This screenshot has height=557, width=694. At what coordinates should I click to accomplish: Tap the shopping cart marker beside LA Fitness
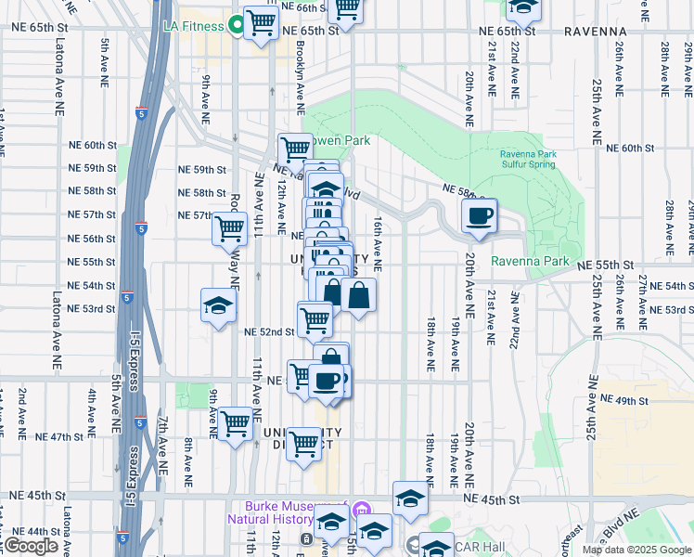[261, 22]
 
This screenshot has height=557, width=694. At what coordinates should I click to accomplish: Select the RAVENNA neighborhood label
[596, 32]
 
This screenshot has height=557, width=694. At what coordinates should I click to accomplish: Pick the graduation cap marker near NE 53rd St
[219, 306]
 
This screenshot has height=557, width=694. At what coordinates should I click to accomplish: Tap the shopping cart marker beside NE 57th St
[229, 227]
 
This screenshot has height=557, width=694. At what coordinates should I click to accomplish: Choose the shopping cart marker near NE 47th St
[236, 424]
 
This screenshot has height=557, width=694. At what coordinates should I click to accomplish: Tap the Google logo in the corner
[32, 546]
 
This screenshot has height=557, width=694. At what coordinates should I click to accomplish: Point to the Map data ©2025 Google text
[636, 550]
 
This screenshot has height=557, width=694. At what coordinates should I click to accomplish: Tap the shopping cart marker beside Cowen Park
[295, 149]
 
